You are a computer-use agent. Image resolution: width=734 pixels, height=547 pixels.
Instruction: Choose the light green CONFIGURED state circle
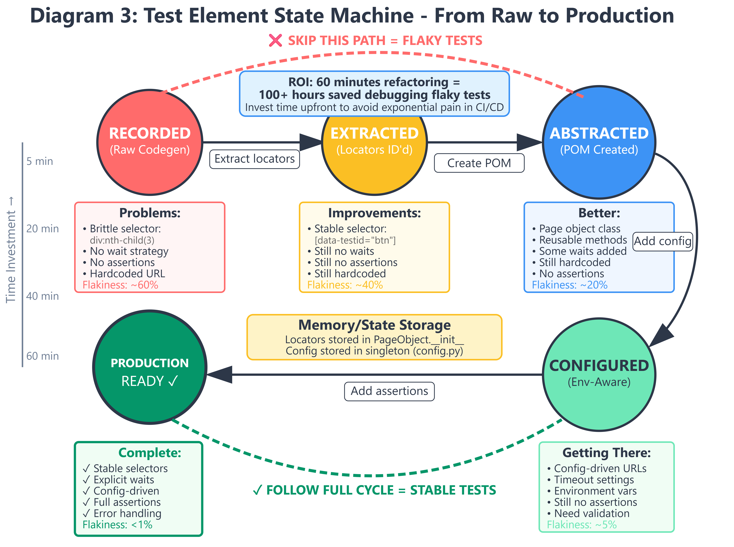click(599, 375)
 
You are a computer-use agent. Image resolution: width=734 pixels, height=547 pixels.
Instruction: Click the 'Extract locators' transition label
click(255, 159)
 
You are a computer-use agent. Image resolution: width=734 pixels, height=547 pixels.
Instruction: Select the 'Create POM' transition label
click(479, 163)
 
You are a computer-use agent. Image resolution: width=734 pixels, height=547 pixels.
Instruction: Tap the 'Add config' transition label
click(663, 241)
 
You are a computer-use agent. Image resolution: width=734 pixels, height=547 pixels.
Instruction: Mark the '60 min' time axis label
click(42, 356)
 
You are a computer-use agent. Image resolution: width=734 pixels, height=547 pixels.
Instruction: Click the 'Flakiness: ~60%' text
click(120, 285)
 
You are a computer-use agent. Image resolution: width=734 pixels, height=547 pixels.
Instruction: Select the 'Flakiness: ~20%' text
click(570, 285)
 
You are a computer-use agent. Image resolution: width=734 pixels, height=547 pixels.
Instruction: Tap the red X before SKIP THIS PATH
click(275, 40)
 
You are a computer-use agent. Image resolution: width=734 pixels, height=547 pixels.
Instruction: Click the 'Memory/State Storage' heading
click(374, 325)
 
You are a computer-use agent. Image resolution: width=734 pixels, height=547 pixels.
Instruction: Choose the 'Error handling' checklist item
click(122, 513)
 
